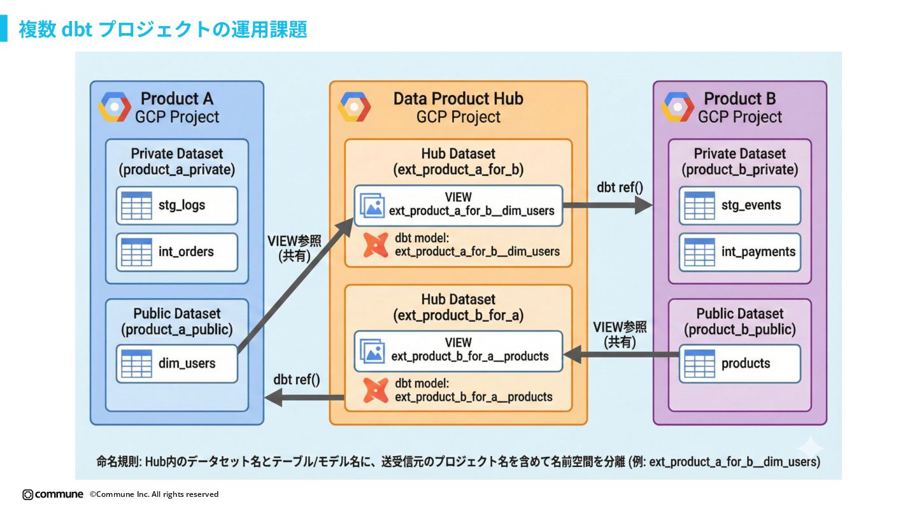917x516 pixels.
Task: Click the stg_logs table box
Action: click(176, 206)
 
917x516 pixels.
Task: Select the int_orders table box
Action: click(176, 252)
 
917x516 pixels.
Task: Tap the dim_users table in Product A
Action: click(176, 364)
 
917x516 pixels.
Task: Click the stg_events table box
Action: click(739, 206)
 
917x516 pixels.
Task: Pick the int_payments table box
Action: click(739, 252)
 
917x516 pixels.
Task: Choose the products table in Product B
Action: click(739, 364)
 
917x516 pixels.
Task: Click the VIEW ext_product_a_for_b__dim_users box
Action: click(458, 205)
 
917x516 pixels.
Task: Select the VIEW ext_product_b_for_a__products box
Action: click(458, 351)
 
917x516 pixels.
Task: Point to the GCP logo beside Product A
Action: click(115, 107)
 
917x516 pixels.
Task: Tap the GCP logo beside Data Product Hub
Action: click(354, 107)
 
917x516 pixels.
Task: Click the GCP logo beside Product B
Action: click(678, 107)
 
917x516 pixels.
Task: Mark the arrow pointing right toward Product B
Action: click(608, 205)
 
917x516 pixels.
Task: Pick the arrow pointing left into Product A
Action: click(304, 398)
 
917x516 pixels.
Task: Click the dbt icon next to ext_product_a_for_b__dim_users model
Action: click(376, 245)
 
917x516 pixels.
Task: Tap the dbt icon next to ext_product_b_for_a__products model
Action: click(376, 391)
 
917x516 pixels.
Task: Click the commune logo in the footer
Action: click(53, 494)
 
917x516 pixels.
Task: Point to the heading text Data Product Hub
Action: click(458, 99)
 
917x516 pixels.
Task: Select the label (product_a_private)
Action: click(176, 170)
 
